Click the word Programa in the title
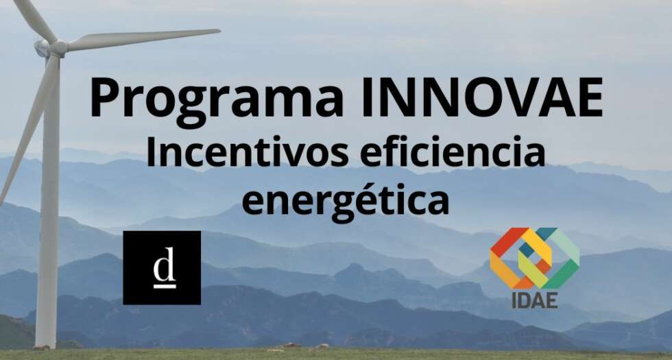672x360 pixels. [x=217, y=101]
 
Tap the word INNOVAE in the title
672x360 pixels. [x=482, y=97]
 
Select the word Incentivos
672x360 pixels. [x=248, y=152]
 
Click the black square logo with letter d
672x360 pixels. [x=162, y=267]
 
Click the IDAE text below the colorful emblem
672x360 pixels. [x=534, y=300]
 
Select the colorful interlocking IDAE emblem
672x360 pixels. [x=534, y=258]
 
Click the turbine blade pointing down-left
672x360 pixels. [x=28, y=129]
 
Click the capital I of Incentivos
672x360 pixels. [x=150, y=152]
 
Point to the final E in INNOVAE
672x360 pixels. [x=590, y=97]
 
